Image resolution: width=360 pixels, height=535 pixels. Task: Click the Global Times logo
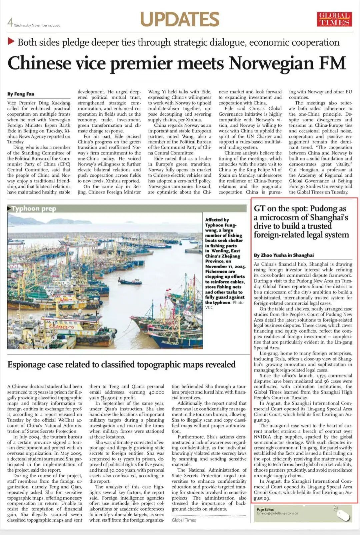pos(334,19)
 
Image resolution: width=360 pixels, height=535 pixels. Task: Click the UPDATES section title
pos(180,19)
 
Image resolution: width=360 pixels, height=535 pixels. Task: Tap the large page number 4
pos(10,22)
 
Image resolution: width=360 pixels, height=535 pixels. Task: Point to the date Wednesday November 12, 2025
pos(37,26)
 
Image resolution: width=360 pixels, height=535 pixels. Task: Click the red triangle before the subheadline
pos(11,42)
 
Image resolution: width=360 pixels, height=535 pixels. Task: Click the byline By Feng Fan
pos(21,94)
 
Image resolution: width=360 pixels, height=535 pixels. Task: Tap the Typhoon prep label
pos(34,208)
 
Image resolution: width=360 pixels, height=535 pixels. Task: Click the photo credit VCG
pos(209,307)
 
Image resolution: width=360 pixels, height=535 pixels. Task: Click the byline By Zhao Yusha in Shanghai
pos(284,255)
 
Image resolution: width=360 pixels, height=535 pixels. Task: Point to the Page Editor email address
pos(277,513)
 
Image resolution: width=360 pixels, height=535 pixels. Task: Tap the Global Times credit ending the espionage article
pos(184,520)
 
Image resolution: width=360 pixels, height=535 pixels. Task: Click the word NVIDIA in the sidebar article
pos(263,437)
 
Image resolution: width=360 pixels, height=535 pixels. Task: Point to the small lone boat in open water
pos(130,282)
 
